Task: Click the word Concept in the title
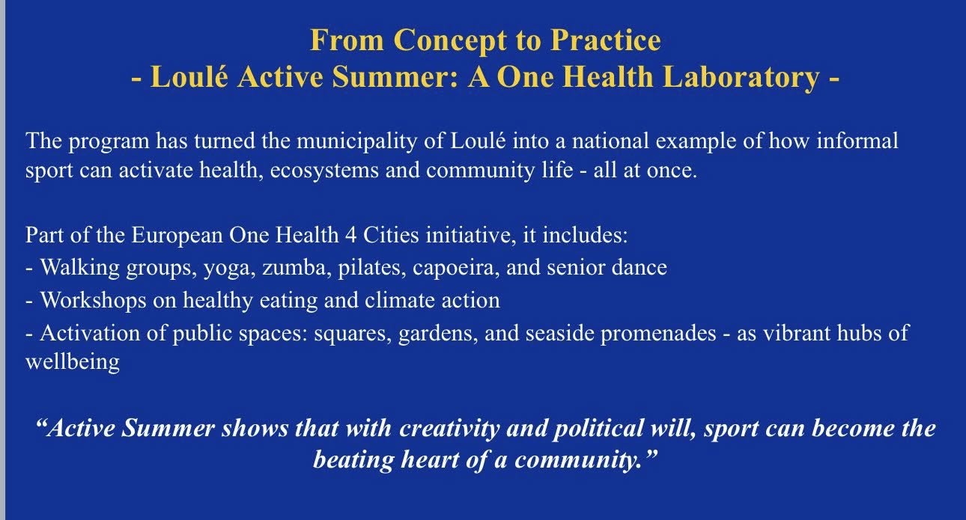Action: [450, 40]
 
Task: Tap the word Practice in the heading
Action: [606, 40]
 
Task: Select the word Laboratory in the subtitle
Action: [741, 78]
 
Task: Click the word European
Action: [177, 236]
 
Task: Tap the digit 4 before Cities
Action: [350, 236]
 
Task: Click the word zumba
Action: [294, 268]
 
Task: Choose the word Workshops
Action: [93, 300]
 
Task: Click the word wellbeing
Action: [73, 362]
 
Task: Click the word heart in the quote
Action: [430, 459]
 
